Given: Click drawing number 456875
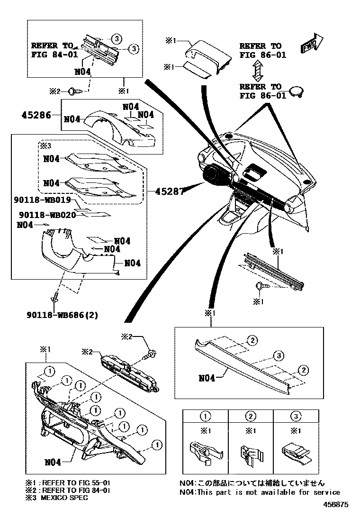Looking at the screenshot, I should [336, 518].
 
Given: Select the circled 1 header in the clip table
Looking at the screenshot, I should [205, 417].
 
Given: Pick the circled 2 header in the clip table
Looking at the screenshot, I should [251, 417].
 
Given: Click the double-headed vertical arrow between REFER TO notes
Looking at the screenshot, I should [257, 70].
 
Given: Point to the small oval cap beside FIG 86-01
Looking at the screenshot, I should [297, 91].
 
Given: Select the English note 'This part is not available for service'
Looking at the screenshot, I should [260, 492].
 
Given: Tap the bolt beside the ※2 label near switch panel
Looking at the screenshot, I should [153, 353].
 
